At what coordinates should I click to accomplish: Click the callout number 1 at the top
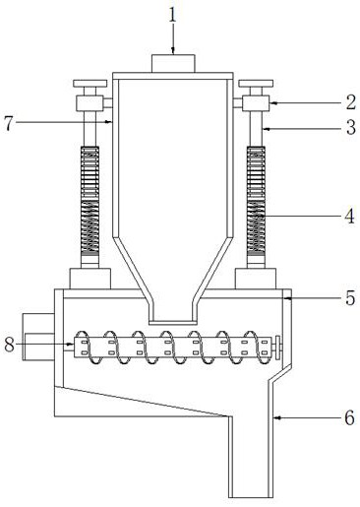pos(172,16)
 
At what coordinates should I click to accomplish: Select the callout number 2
pos(350,102)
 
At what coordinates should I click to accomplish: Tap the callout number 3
pos(350,127)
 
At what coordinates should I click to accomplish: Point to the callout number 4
pos(350,216)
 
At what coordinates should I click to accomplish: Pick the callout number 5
pos(350,297)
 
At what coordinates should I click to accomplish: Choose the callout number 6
pos(350,417)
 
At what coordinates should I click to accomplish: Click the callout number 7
pos(9,123)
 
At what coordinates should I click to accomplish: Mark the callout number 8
pos(9,345)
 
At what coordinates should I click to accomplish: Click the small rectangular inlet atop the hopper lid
pos(173,63)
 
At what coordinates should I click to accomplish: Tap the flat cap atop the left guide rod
pos(90,84)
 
